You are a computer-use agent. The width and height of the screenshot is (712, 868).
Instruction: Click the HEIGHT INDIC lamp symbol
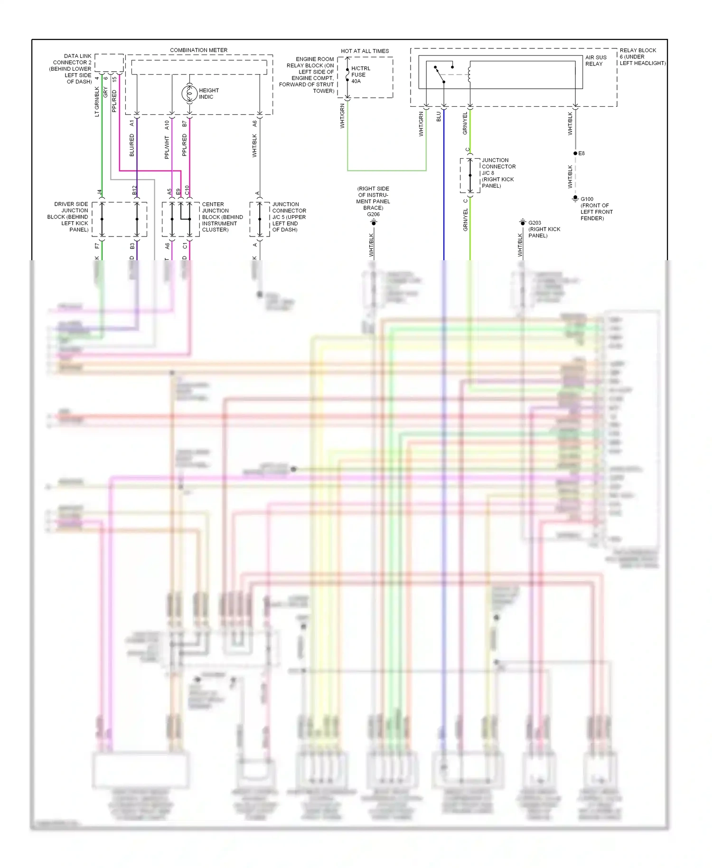tap(189, 94)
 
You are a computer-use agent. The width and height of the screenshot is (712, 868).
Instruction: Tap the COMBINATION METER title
tap(198, 50)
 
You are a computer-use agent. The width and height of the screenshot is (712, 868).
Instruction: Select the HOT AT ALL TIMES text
tap(365, 51)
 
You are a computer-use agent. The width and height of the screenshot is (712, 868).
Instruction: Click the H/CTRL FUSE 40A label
tap(360, 75)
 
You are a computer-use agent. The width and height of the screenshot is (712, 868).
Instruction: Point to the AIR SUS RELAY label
tap(595, 60)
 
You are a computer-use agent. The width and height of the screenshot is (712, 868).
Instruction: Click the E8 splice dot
tap(575, 153)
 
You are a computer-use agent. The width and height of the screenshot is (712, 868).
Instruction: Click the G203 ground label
tap(534, 223)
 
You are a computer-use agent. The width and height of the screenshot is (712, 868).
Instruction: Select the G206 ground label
tap(373, 214)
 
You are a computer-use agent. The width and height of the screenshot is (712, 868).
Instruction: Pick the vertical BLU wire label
tap(439, 116)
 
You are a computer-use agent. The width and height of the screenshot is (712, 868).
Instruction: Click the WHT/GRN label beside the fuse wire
tap(342, 116)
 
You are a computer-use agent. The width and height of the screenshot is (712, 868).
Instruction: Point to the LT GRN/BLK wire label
tap(97, 101)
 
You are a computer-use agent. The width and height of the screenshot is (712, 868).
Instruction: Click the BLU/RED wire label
tap(132, 145)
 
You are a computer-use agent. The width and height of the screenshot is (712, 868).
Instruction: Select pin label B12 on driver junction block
tap(134, 190)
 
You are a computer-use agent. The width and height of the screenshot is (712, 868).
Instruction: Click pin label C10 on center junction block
tap(187, 190)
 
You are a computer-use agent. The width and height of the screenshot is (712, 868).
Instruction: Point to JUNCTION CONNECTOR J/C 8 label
tap(498, 173)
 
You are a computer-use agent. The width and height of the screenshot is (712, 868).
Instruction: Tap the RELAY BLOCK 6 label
tap(642, 57)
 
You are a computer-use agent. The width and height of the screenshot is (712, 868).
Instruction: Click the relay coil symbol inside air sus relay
tap(469, 74)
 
